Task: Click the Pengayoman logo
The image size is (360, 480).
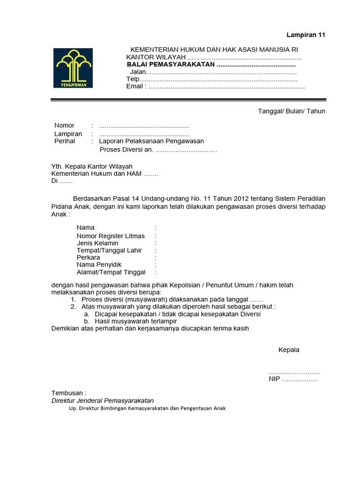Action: [x=73, y=68]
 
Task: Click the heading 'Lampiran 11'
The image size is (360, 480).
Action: [x=306, y=35]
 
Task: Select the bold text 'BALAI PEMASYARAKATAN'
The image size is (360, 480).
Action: [x=171, y=64]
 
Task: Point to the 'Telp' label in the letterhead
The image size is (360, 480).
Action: [x=133, y=79]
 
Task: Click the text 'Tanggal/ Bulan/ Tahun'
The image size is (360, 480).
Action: [x=292, y=111]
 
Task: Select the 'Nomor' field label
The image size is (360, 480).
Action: [x=64, y=126]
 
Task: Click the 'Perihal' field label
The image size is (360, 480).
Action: [x=65, y=141]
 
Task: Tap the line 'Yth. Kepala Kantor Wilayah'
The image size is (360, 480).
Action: [x=92, y=166]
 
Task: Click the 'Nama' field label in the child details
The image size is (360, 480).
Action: [x=86, y=228]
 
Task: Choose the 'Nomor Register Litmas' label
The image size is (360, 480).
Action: [x=111, y=236]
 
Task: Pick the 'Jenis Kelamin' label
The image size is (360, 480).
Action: [x=97, y=243]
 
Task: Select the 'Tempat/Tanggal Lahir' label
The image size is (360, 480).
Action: [x=109, y=250]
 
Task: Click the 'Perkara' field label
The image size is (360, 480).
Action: [x=88, y=258]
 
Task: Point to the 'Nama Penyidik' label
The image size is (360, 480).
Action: [x=99, y=265]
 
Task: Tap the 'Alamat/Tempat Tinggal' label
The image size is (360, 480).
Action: [x=111, y=272]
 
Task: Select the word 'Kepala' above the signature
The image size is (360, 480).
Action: [x=289, y=350]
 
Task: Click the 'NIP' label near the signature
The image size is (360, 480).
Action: [x=274, y=379]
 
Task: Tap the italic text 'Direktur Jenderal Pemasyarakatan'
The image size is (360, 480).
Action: [x=102, y=401]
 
